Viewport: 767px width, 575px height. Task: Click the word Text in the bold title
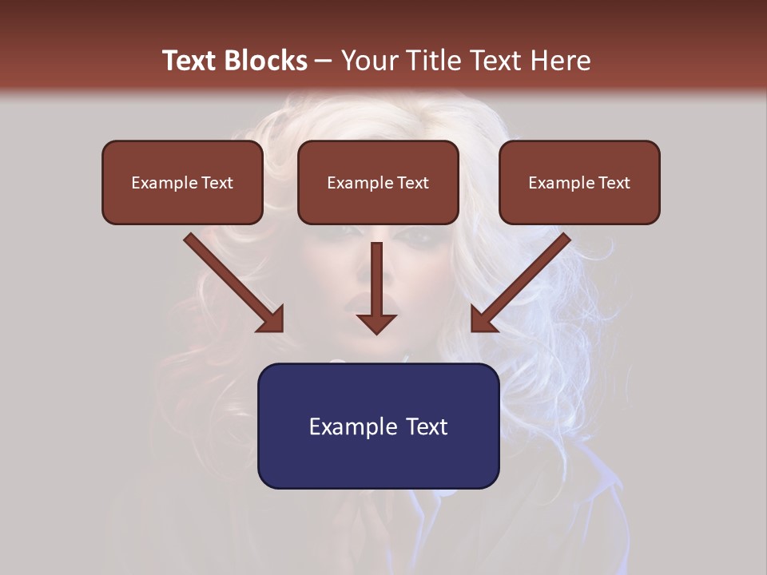(190, 61)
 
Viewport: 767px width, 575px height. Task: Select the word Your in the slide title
(371, 61)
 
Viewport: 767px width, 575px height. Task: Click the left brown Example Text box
(182, 183)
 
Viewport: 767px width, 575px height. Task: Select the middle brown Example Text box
(378, 183)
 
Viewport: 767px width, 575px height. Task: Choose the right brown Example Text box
(579, 183)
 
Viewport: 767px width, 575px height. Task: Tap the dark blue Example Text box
(378, 426)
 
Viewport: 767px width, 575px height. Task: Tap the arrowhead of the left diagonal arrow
(272, 319)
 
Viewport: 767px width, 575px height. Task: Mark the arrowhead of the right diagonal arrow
(483, 319)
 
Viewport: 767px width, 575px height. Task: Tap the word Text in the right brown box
(614, 183)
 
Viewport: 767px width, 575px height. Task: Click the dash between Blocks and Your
(324, 61)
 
